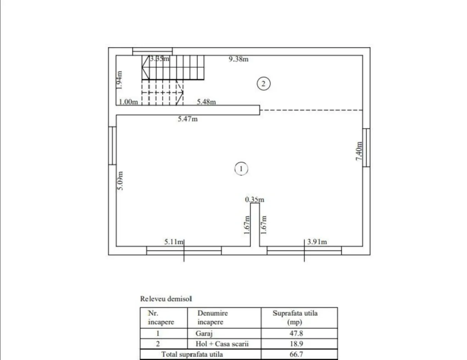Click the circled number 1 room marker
point(241,168)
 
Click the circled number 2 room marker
point(263,84)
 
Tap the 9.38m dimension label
point(238,59)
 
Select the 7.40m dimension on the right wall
point(359,151)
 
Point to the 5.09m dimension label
point(121,181)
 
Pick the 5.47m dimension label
point(188,119)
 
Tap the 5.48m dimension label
point(206,102)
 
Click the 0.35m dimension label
point(255,199)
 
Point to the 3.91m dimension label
point(317,242)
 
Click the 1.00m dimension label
point(128,102)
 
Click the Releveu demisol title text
point(166,299)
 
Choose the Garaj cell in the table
point(204,333)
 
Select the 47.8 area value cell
point(296,333)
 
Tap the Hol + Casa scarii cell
point(222,343)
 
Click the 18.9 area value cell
point(296,343)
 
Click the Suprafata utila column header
point(295,317)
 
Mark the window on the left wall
point(112,145)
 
